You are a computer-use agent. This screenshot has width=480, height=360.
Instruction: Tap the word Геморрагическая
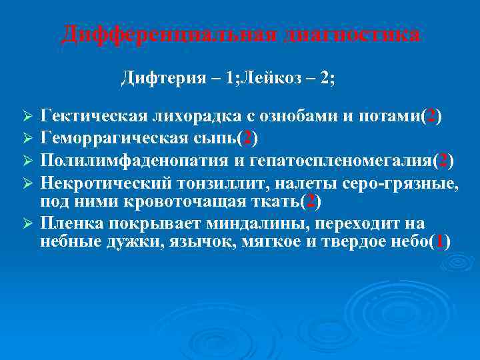pos(106,139)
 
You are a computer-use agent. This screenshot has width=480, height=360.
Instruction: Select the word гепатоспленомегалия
pos(343,161)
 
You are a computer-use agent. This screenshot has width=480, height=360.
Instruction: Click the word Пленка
pos(67,223)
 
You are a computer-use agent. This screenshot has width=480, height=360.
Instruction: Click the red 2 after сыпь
pos(248,139)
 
